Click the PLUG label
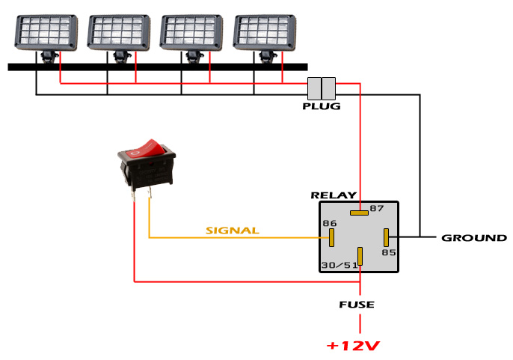(322, 106)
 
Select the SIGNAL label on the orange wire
(232, 231)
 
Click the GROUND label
(473, 238)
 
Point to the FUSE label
(356, 305)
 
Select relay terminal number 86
(330, 224)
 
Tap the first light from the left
(46, 31)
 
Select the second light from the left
(119, 31)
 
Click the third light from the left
(192, 31)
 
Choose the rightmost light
(265, 31)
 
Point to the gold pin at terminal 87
(359, 212)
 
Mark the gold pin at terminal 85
(385, 237)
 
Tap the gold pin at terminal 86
(331, 237)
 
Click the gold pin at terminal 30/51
(360, 257)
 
